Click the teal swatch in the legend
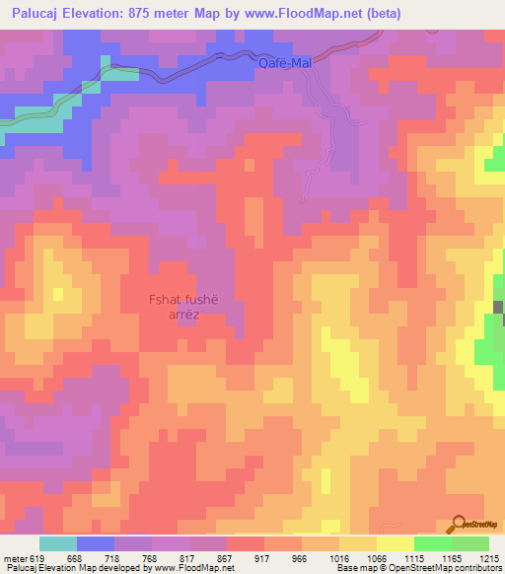coord(58,543)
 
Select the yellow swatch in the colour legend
coord(396,543)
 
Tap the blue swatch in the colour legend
coord(96,543)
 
